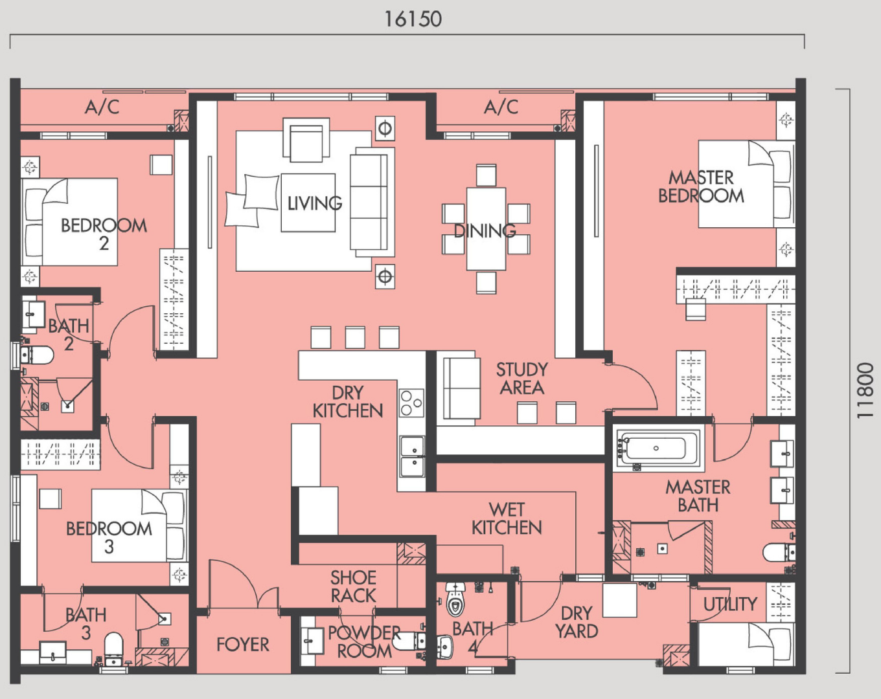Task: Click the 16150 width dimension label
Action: point(413,19)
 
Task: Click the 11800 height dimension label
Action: point(865,390)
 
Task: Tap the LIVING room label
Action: point(314,203)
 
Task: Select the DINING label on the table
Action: point(485,230)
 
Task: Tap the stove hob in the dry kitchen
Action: point(411,403)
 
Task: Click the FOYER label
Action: point(243,645)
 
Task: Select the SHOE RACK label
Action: point(353,586)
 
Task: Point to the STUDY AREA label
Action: point(522,379)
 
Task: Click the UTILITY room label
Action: point(730,604)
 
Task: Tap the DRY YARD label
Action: point(577,622)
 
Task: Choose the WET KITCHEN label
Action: point(507,518)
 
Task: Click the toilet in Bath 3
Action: point(113,648)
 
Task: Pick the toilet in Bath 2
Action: point(36,355)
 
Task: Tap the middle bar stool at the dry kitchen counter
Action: point(355,337)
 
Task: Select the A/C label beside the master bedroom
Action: point(501,107)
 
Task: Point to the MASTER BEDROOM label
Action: point(701,187)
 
